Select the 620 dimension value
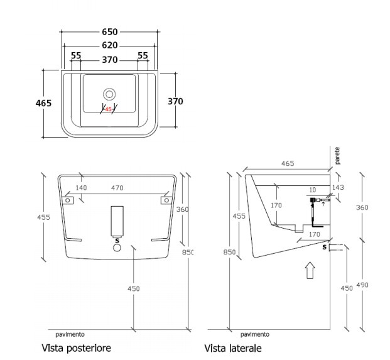pyautogui.click(x=110, y=45)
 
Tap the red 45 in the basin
pyautogui.click(x=108, y=109)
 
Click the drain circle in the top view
pyautogui.click(x=110, y=94)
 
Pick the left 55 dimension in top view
pyautogui.click(x=76, y=56)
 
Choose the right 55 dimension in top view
pyautogui.click(x=143, y=56)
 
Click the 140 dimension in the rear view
pyautogui.click(x=81, y=187)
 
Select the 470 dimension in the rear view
pyautogui.click(x=117, y=187)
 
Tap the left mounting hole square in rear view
pyautogui.click(x=69, y=200)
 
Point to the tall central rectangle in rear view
pyautogui.click(x=116, y=219)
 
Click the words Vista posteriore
pyautogui.click(x=77, y=347)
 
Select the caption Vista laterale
pyautogui.click(x=233, y=347)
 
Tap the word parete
pyautogui.click(x=337, y=156)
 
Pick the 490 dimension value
pyautogui.click(x=364, y=285)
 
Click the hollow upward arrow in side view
pyautogui.click(x=310, y=271)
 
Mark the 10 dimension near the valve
pyautogui.click(x=312, y=189)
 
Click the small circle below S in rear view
pyautogui.click(x=116, y=248)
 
